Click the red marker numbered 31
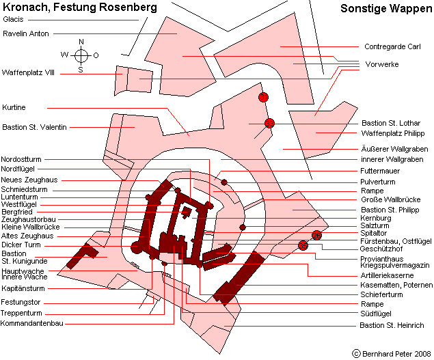[x=263, y=97]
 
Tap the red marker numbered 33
[x=269, y=123]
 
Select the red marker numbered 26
[x=316, y=235]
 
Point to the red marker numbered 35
[x=303, y=245]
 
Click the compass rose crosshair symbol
[x=81, y=55]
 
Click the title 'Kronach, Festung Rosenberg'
[x=80, y=8]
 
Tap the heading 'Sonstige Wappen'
[x=386, y=9]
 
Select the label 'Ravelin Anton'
[x=26, y=33]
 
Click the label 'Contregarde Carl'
[x=392, y=46]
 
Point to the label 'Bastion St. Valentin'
[x=34, y=127]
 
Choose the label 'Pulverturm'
[x=378, y=182]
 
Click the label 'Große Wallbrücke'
[x=391, y=199]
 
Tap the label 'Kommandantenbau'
[x=32, y=323]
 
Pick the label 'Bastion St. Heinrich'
[x=392, y=325]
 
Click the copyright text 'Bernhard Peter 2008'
[x=396, y=354]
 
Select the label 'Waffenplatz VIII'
[x=28, y=73]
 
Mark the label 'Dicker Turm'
[x=21, y=245]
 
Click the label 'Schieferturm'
[x=381, y=294]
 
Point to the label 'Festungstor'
[x=21, y=302]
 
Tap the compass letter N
[x=81, y=42]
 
